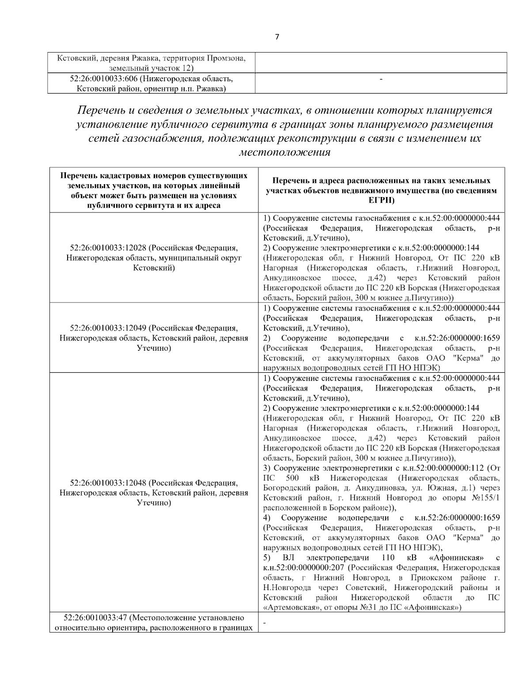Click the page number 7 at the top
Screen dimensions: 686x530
pos(277,37)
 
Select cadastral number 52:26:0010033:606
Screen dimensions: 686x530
pos(103,79)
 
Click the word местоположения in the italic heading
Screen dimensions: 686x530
pos(284,152)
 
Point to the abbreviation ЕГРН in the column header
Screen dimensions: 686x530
pos(381,200)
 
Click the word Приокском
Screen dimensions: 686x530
pos(425,578)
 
